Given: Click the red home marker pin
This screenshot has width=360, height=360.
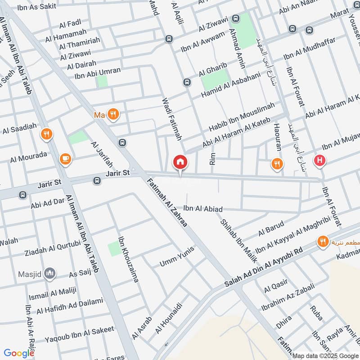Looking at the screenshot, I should [180, 162].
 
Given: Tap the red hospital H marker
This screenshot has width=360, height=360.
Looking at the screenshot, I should [320, 160].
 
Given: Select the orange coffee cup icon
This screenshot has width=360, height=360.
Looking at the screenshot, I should [66, 158].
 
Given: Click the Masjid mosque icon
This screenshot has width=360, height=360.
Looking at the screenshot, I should [50, 273].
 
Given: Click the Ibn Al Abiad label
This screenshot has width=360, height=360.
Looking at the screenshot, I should [203, 209].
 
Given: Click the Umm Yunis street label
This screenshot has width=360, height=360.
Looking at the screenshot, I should [177, 256].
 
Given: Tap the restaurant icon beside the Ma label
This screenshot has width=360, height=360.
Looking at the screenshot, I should [112, 115].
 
